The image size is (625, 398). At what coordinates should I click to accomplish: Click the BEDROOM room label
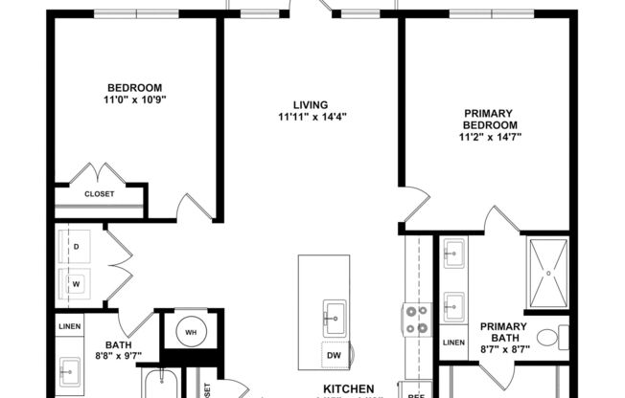click(x=133, y=86)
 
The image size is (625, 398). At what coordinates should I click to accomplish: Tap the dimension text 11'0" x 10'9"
click(x=133, y=99)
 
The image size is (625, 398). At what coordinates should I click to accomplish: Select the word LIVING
click(x=311, y=104)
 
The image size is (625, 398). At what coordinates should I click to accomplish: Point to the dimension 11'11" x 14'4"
click(x=311, y=118)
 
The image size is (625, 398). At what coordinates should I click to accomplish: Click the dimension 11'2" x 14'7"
click(x=491, y=137)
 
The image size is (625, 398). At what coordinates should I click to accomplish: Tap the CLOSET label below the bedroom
click(x=99, y=194)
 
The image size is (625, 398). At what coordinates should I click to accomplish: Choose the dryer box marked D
click(x=76, y=246)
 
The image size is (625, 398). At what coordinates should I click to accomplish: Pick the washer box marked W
click(x=76, y=283)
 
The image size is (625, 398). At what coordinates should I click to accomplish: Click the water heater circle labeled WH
click(x=192, y=331)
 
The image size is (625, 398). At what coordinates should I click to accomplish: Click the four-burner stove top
click(x=418, y=320)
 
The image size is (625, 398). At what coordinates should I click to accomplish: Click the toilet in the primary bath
click(x=547, y=338)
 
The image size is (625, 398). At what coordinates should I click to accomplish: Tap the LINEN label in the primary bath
click(x=453, y=343)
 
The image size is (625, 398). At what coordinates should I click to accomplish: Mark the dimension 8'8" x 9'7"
click(x=119, y=357)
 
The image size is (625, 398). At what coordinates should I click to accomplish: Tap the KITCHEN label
click(x=343, y=389)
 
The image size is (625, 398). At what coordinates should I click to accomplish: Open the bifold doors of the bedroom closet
click(x=100, y=175)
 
